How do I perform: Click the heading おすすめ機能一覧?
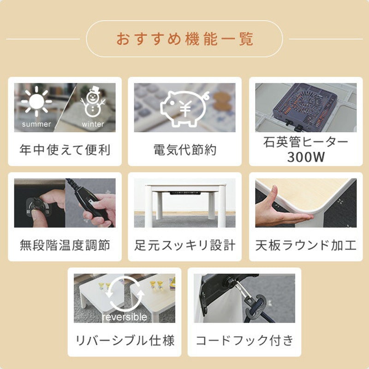tap(184, 39)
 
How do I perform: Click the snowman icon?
tap(94, 102)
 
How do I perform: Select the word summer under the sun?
tap(36, 125)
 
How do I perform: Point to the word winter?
tap(93, 125)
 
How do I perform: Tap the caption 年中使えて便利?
tap(65, 150)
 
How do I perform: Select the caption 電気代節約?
tap(184, 150)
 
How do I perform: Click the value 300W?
tap(306, 157)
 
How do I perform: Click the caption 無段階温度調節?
tap(65, 245)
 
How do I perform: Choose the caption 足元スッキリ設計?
tap(184, 245)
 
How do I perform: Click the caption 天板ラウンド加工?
tap(306, 245)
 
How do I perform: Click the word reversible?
tap(125, 317)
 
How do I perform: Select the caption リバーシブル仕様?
tap(125, 341)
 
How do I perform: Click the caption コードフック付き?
tap(244, 341)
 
